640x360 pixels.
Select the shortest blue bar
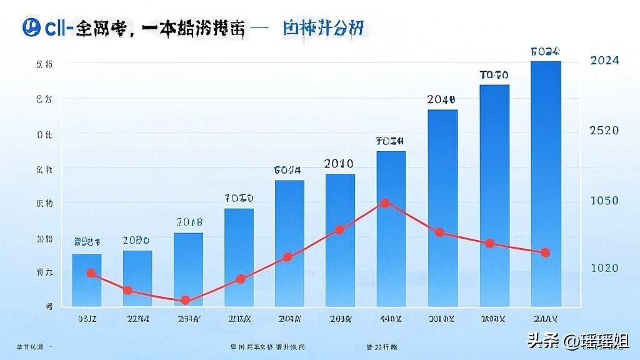coord(87,281)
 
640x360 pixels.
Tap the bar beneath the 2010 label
coord(340,241)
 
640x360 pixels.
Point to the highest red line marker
coord(385,203)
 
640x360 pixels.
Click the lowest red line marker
coord(186,301)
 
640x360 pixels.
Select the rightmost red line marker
coord(545,252)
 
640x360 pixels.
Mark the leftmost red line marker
coord(91,273)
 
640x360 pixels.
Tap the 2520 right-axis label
coord(604,131)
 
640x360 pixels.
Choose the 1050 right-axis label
coord(604,201)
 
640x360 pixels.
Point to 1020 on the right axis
coord(604,268)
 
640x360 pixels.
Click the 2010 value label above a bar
coord(339,164)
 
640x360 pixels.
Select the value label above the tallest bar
coord(545,52)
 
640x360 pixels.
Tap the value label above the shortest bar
coord(87,241)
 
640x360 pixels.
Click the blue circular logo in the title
coord(29,28)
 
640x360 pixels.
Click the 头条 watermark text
coord(542,341)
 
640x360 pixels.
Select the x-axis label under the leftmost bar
coord(87,319)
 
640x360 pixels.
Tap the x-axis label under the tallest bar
coord(545,319)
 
